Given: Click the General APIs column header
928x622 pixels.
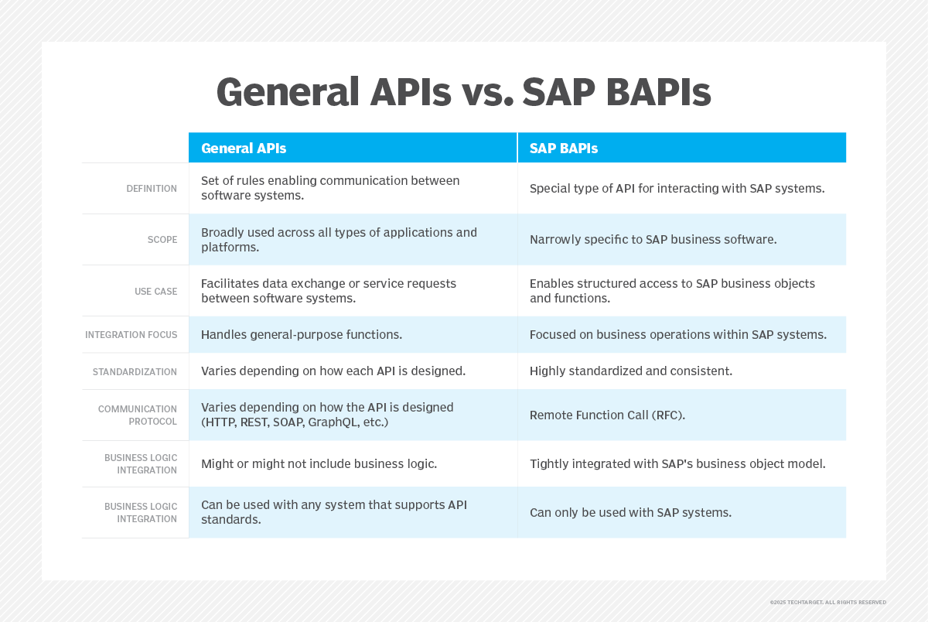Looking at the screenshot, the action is coord(244,149).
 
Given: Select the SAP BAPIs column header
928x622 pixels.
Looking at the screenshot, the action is coord(564,149).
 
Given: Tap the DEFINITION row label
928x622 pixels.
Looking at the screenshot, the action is coord(152,189).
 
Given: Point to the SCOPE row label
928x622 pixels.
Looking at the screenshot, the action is coord(162,240).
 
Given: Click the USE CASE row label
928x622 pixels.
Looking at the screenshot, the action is coord(155,292).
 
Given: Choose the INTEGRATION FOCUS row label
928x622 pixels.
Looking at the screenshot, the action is coord(131,334).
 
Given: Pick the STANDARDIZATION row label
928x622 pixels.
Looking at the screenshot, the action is coord(135,371).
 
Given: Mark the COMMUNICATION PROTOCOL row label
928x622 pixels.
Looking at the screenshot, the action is coord(138,415).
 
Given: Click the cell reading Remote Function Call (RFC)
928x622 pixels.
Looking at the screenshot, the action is coord(607,415).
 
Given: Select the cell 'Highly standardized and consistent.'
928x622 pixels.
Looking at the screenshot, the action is coord(631,371).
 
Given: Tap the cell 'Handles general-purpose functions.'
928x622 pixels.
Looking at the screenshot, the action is coord(302,334).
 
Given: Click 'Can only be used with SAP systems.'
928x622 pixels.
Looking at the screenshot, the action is coord(630,513).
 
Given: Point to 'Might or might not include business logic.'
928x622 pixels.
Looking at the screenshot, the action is coord(319,463).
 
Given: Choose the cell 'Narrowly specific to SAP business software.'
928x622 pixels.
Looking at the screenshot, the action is coord(653,240).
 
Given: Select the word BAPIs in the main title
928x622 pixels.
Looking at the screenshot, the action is coord(658,92).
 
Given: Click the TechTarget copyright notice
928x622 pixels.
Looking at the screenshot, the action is coord(827,602).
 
